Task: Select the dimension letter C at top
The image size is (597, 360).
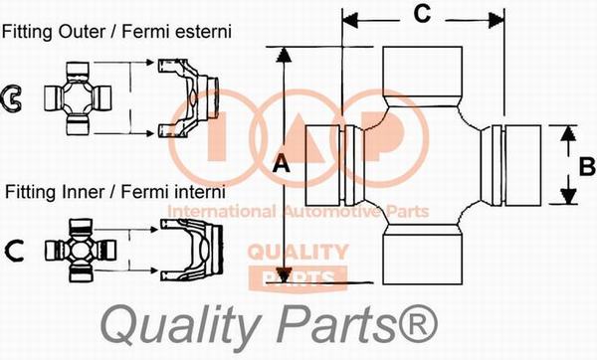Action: [421, 14]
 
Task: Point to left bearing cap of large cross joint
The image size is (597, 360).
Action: [322, 165]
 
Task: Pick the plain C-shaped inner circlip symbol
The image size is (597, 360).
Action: [16, 249]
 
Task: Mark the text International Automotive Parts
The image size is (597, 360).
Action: [298, 211]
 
